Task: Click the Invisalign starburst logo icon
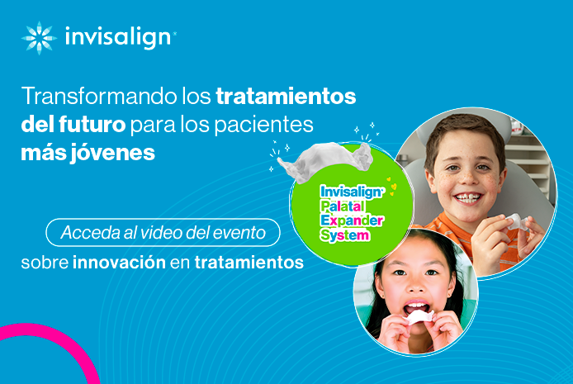(39, 38)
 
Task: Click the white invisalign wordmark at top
(118, 36)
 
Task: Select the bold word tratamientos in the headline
(286, 96)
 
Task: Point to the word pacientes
(263, 126)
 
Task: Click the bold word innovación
(119, 263)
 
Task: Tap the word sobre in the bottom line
(45, 263)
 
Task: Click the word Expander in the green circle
(352, 220)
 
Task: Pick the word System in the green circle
(344, 235)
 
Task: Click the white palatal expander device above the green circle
(325, 161)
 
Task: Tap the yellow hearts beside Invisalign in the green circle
(391, 186)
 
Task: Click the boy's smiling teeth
(468, 198)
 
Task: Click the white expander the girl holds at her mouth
(418, 317)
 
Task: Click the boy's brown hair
(464, 131)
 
